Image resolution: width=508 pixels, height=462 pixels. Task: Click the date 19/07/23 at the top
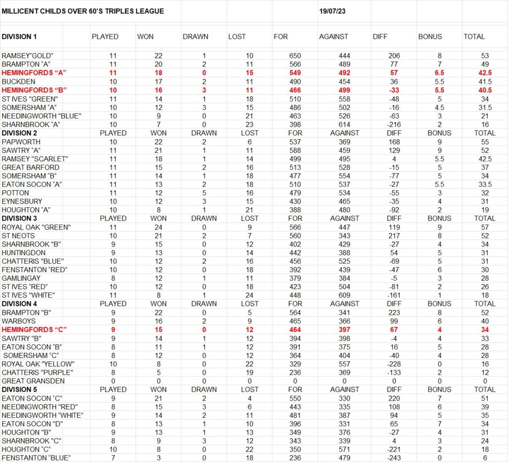(x=332, y=11)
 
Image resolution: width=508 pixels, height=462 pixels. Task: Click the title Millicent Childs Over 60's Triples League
(x=83, y=11)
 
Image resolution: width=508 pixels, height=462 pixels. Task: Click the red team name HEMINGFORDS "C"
(x=34, y=330)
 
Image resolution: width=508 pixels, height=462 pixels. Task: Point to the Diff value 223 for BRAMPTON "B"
(x=394, y=313)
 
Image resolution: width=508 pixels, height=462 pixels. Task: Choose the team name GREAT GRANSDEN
(x=33, y=381)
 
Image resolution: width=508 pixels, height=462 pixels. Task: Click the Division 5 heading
(x=19, y=390)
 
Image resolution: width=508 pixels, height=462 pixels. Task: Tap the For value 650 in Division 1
(x=295, y=56)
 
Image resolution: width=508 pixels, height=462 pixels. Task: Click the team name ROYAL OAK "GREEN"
(x=36, y=227)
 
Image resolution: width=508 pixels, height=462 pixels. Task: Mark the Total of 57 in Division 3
(x=485, y=227)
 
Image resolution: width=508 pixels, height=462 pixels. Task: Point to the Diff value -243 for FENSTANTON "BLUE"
(x=394, y=458)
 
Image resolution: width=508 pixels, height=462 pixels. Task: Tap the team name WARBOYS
(x=17, y=321)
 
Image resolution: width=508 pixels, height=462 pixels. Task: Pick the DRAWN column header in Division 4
(x=204, y=304)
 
